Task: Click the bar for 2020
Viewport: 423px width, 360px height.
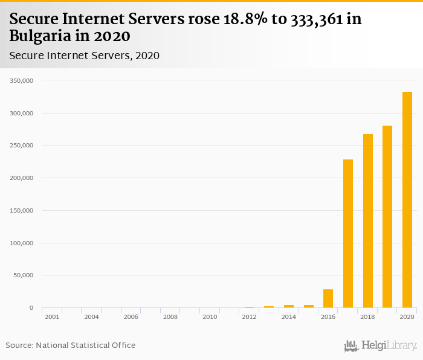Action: coord(407,200)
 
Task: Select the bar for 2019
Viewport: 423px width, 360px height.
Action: coord(387,217)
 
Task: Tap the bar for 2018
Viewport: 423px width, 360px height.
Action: coord(367,221)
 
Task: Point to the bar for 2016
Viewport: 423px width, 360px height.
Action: coord(328,298)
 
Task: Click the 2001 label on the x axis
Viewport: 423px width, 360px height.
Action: coord(51,317)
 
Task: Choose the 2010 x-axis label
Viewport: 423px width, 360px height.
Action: coord(210,317)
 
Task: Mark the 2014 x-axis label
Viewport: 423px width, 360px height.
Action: coord(289,317)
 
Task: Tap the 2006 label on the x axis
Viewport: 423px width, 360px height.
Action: coord(131,317)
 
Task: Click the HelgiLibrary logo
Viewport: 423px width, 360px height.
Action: coord(380,346)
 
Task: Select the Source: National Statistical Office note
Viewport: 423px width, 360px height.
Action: coord(71,346)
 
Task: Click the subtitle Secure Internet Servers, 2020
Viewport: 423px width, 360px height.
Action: coord(84,56)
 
